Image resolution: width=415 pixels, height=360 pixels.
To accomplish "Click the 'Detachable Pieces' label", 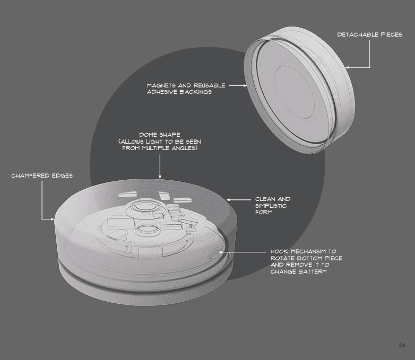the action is [x=370, y=34].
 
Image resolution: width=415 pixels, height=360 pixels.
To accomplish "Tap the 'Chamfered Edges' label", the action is [x=42, y=175].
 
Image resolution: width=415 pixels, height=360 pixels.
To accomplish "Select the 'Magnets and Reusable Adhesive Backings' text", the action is [x=186, y=89].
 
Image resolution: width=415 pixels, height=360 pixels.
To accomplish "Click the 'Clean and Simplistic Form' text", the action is [x=273, y=206].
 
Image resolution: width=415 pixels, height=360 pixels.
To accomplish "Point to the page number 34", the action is [x=402, y=346].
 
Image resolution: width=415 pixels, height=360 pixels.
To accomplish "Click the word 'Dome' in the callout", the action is [x=149, y=135].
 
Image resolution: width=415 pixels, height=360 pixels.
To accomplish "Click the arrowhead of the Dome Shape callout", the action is [x=160, y=177].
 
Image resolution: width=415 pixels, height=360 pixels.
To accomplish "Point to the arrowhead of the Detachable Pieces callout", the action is [x=347, y=68].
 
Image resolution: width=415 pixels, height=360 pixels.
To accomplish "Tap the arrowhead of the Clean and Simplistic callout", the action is [x=228, y=200].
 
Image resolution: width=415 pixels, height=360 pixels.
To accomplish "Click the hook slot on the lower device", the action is [x=214, y=253].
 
